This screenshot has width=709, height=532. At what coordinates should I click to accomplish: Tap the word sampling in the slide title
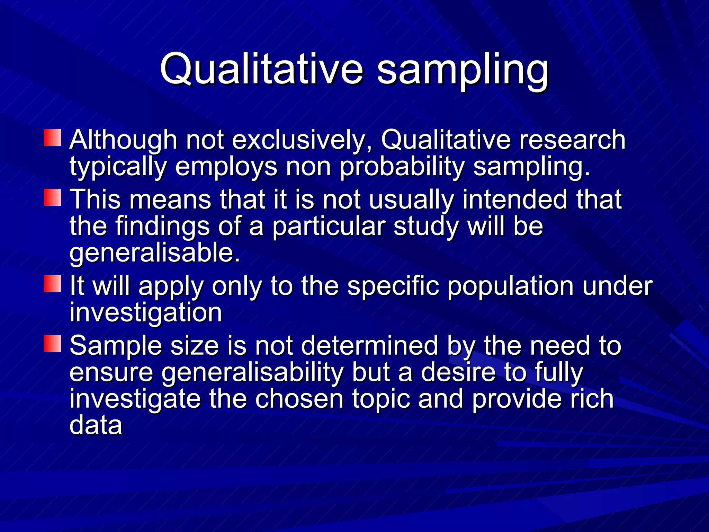(463, 71)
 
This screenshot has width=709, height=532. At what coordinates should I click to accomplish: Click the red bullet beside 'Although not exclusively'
(53, 138)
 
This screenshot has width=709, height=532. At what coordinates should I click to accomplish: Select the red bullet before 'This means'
(53, 197)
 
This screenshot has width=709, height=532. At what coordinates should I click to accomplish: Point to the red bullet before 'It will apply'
(53, 284)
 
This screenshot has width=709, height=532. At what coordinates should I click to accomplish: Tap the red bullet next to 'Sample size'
(53, 344)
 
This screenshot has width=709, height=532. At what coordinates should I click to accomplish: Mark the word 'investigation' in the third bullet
(146, 313)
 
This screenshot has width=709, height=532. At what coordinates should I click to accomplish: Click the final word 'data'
(96, 425)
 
